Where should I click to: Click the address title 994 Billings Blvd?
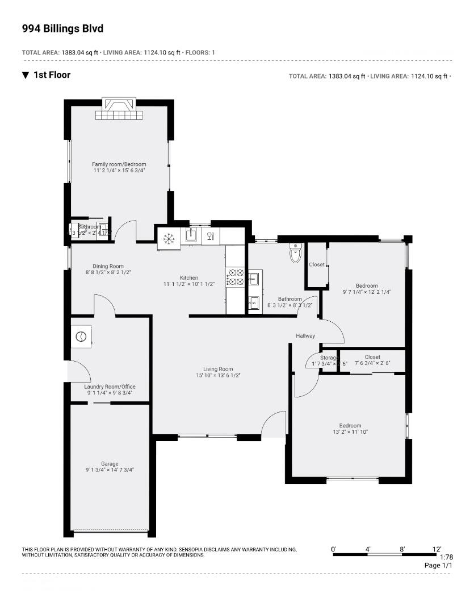click(62, 28)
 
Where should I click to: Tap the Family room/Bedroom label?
click(119, 164)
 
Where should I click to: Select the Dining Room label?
click(108, 266)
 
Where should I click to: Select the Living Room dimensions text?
click(219, 375)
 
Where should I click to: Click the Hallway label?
click(305, 336)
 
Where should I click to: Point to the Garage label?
click(110, 464)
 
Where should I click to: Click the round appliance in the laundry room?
click(81, 336)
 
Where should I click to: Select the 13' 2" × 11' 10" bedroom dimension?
click(350, 432)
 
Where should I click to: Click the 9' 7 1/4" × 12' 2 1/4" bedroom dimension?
click(367, 292)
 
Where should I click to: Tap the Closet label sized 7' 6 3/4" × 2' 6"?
click(372, 357)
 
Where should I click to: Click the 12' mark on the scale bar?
click(437, 549)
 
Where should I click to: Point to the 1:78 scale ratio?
click(446, 558)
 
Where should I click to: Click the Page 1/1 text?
click(439, 566)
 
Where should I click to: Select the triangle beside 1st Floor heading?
click(26, 75)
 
